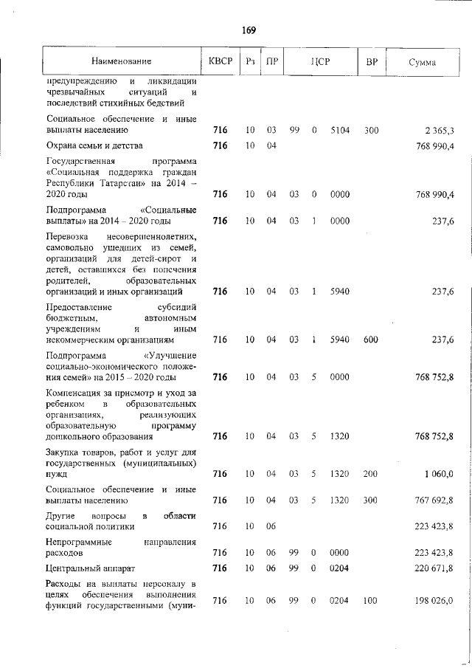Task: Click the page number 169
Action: [248, 30]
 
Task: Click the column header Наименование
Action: [122, 62]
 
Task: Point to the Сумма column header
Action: [422, 62]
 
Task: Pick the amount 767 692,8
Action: [434, 500]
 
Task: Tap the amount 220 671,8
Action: [434, 568]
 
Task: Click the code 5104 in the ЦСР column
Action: [340, 131]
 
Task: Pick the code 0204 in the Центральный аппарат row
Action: [340, 568]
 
